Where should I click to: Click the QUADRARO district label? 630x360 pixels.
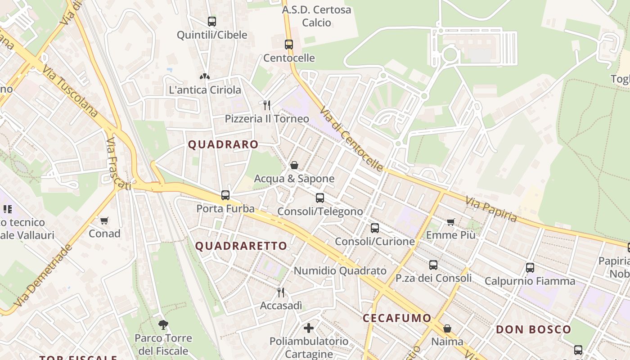tap(223, 144)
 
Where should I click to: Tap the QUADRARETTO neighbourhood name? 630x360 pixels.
tap(241, 246)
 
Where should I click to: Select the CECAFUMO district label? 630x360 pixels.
tap(397, 318)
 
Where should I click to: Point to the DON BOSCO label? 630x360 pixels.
tap(533, 329)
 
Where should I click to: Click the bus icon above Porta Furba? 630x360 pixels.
tap(225, 195)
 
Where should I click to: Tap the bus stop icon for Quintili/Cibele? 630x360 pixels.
tap(211, 21)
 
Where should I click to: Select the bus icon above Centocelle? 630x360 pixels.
tap(289, 45)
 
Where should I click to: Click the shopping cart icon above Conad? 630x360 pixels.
tap(104, 220)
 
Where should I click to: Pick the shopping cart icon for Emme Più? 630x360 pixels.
tap(450, 222)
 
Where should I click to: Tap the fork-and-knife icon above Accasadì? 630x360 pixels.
tap(281, 292)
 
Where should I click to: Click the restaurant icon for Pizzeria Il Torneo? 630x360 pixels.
tap(267, 105)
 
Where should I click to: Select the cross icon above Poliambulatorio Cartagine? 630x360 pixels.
tap(309, 328)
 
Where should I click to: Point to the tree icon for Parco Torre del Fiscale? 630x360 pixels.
tap(163, 324)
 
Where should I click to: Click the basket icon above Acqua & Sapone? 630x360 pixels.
tap(294, 166)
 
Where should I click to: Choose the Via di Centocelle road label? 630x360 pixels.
tap(351, 139)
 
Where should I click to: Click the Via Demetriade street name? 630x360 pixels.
tap(43, 276)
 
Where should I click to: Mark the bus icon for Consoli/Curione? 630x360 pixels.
tap(375, 228)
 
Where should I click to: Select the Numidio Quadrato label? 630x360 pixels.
tap(340, 271)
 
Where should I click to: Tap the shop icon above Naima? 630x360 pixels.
tap(447, 328)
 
